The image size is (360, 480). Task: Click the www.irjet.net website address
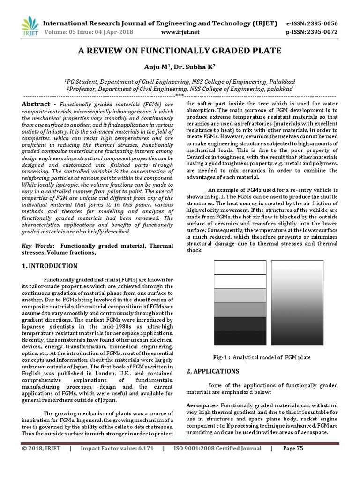pos(180,32)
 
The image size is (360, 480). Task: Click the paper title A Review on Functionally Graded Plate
pos(180,51)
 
